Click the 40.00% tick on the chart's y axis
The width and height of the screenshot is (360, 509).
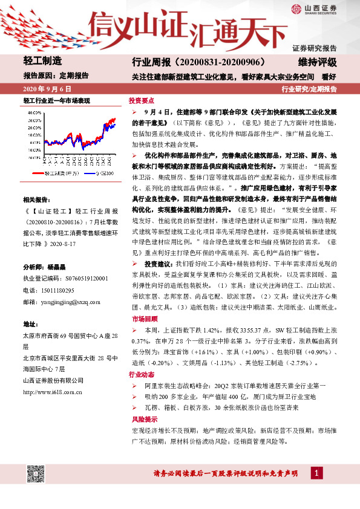(34, 112)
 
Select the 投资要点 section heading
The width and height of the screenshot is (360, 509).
(142, 101)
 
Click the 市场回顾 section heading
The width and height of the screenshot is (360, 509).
(142, 318)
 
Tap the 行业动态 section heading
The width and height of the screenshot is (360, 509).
(142, 375)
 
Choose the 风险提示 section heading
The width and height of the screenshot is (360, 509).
(142, 419)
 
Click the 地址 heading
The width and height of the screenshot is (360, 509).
(30, 324)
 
